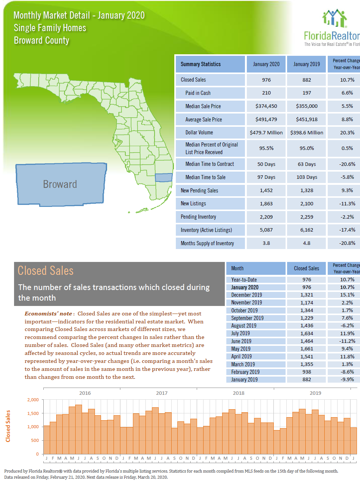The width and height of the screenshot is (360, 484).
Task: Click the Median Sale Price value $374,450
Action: click(266, 106)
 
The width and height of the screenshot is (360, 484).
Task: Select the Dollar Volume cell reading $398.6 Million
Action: click(306, 133)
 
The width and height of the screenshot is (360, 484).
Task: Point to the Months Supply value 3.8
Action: click(266, 243)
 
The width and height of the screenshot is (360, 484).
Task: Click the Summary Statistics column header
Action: click(201, 64)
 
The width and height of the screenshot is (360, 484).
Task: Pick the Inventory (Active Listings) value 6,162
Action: click(306, 230)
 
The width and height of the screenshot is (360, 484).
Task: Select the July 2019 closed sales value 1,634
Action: click(306, 333)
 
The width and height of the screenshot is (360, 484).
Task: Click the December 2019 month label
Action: click(246, 295)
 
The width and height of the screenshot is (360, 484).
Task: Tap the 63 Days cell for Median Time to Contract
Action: click(306, 164)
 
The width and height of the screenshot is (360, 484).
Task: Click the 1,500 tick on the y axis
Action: click(33, 413)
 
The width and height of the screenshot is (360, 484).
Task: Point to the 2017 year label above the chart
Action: click(162, 393)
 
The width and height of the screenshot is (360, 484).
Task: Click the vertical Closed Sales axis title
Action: click(8, 426)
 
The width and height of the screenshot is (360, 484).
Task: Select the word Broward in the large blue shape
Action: click(60, 184)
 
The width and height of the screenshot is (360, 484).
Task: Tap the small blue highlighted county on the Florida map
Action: click(164, 178)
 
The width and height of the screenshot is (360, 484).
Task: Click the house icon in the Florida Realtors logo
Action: click(335, 18)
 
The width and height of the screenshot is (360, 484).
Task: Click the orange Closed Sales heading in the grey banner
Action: click(46, 271)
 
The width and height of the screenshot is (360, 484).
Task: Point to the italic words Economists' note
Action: click(48, 314)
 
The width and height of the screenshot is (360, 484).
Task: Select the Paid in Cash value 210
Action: click(266, 93)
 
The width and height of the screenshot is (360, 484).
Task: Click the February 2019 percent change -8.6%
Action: click(347, 372)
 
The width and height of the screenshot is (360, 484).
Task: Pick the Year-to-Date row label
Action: click(244, 280)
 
